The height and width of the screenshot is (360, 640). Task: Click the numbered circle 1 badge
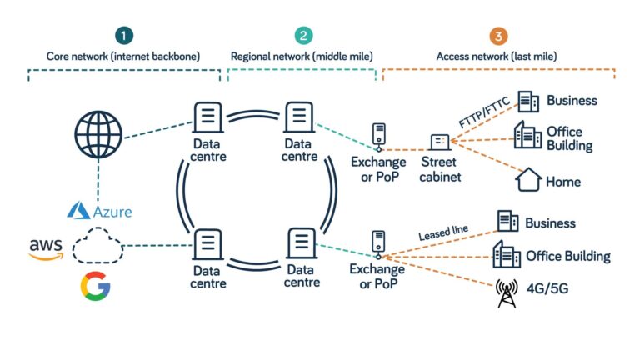click(x=124, y=36)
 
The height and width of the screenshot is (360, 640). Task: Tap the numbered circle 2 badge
click(x=302, y=36)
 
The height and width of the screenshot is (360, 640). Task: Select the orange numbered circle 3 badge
click(x=498, y=36)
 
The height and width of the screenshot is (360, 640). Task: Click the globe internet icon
click(x=97, y=134)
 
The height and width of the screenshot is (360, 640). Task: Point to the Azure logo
click(x=100, y=211)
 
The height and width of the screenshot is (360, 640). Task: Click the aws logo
click(x=46, y=247)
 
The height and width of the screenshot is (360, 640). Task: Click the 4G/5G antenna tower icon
click(x=506, y=292)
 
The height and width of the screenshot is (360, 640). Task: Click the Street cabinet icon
click(x=439, y=142)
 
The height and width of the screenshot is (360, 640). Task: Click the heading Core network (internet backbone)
click(x=124, y=57)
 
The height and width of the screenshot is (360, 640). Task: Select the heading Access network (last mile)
click(x=498, y=57)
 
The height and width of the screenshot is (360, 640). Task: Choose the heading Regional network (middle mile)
click(x=302, y=57)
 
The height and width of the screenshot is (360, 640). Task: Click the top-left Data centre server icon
click(x=207, y=118)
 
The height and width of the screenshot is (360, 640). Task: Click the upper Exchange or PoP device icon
click(x=378, y=137)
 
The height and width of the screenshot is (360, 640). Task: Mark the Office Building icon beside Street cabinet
click(x=527, y=135)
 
